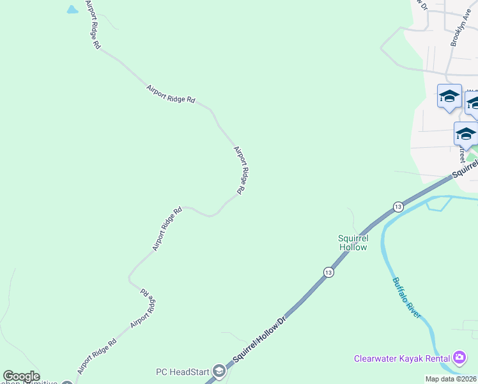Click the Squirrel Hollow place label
[353, 243]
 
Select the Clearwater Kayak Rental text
[402, 358]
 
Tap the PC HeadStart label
[183, 372]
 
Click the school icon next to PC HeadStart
[219, 371]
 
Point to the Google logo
[21, 376]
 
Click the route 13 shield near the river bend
[398, 207]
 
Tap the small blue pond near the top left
[72, 10]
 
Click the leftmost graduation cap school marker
[449, 97]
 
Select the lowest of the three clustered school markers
[465, 134]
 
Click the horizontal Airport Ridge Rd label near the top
[171, 95]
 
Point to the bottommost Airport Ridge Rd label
[96, 357]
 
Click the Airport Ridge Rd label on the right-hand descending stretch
[240, 170]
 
